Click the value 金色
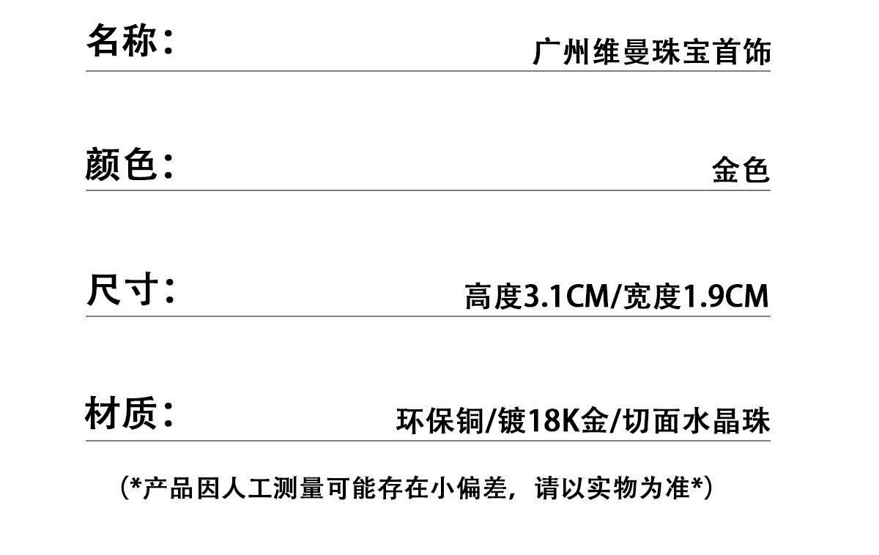(741, 171)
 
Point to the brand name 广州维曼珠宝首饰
(651, 53)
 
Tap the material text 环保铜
(439, 422)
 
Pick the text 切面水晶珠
(697, 422)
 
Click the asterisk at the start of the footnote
(135, 485)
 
